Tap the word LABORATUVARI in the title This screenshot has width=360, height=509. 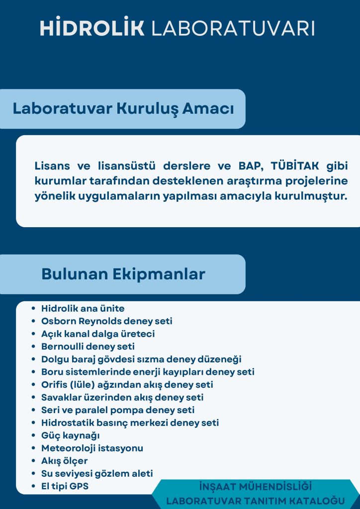[233, 28]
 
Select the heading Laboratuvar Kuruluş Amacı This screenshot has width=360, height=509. [123, 109]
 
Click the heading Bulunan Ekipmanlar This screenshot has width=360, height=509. [123, 274]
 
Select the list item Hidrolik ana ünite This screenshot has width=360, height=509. [83, 308]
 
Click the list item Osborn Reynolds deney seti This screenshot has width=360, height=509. [107, 321]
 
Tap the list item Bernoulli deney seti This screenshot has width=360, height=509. [88, 346]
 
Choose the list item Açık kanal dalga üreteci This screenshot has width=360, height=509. [98, 334]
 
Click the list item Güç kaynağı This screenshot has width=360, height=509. [71, 435]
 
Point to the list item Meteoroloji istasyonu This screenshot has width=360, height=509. [92, 448]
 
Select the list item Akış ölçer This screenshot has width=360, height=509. [64, 461]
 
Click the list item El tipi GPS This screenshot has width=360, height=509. [65, 486]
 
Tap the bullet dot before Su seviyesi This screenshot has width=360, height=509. [33, 474]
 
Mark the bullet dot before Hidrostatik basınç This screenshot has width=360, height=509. [33, 423]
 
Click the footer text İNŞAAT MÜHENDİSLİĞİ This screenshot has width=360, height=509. [256, 487]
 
